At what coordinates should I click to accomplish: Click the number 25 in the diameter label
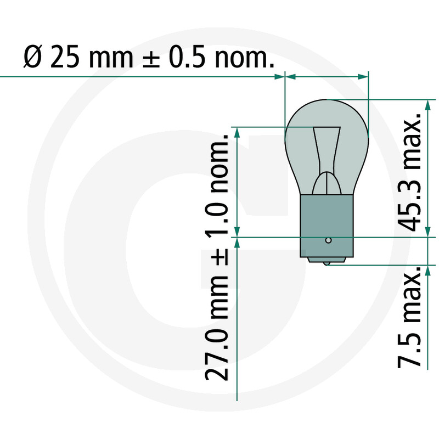click(x=64, y=57)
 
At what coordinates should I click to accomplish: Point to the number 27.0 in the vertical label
click(x=217, y=354)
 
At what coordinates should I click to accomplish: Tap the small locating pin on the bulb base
click(x=328, y=240)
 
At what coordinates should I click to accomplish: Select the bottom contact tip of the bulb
click(x=327, y=264)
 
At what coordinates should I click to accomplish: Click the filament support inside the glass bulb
click(x=326, y=159)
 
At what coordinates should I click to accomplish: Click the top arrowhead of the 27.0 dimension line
click(x=237, y=132)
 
